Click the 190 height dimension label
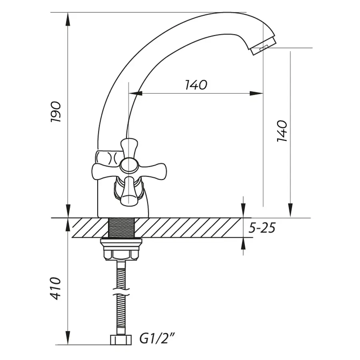(x=56, y=112)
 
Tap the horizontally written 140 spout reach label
(x=196, y=85)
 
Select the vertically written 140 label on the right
(x=282, y=130)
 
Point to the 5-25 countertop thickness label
(x=262, y=228)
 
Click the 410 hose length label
(x=56, y=288)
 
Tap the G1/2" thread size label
(x=157, y=339)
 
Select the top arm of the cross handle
(x=129, y=147)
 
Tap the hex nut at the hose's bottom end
(x=120, y=340)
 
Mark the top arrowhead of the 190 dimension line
(x=68, y=18)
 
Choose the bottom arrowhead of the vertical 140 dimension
(x=290, y=210)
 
